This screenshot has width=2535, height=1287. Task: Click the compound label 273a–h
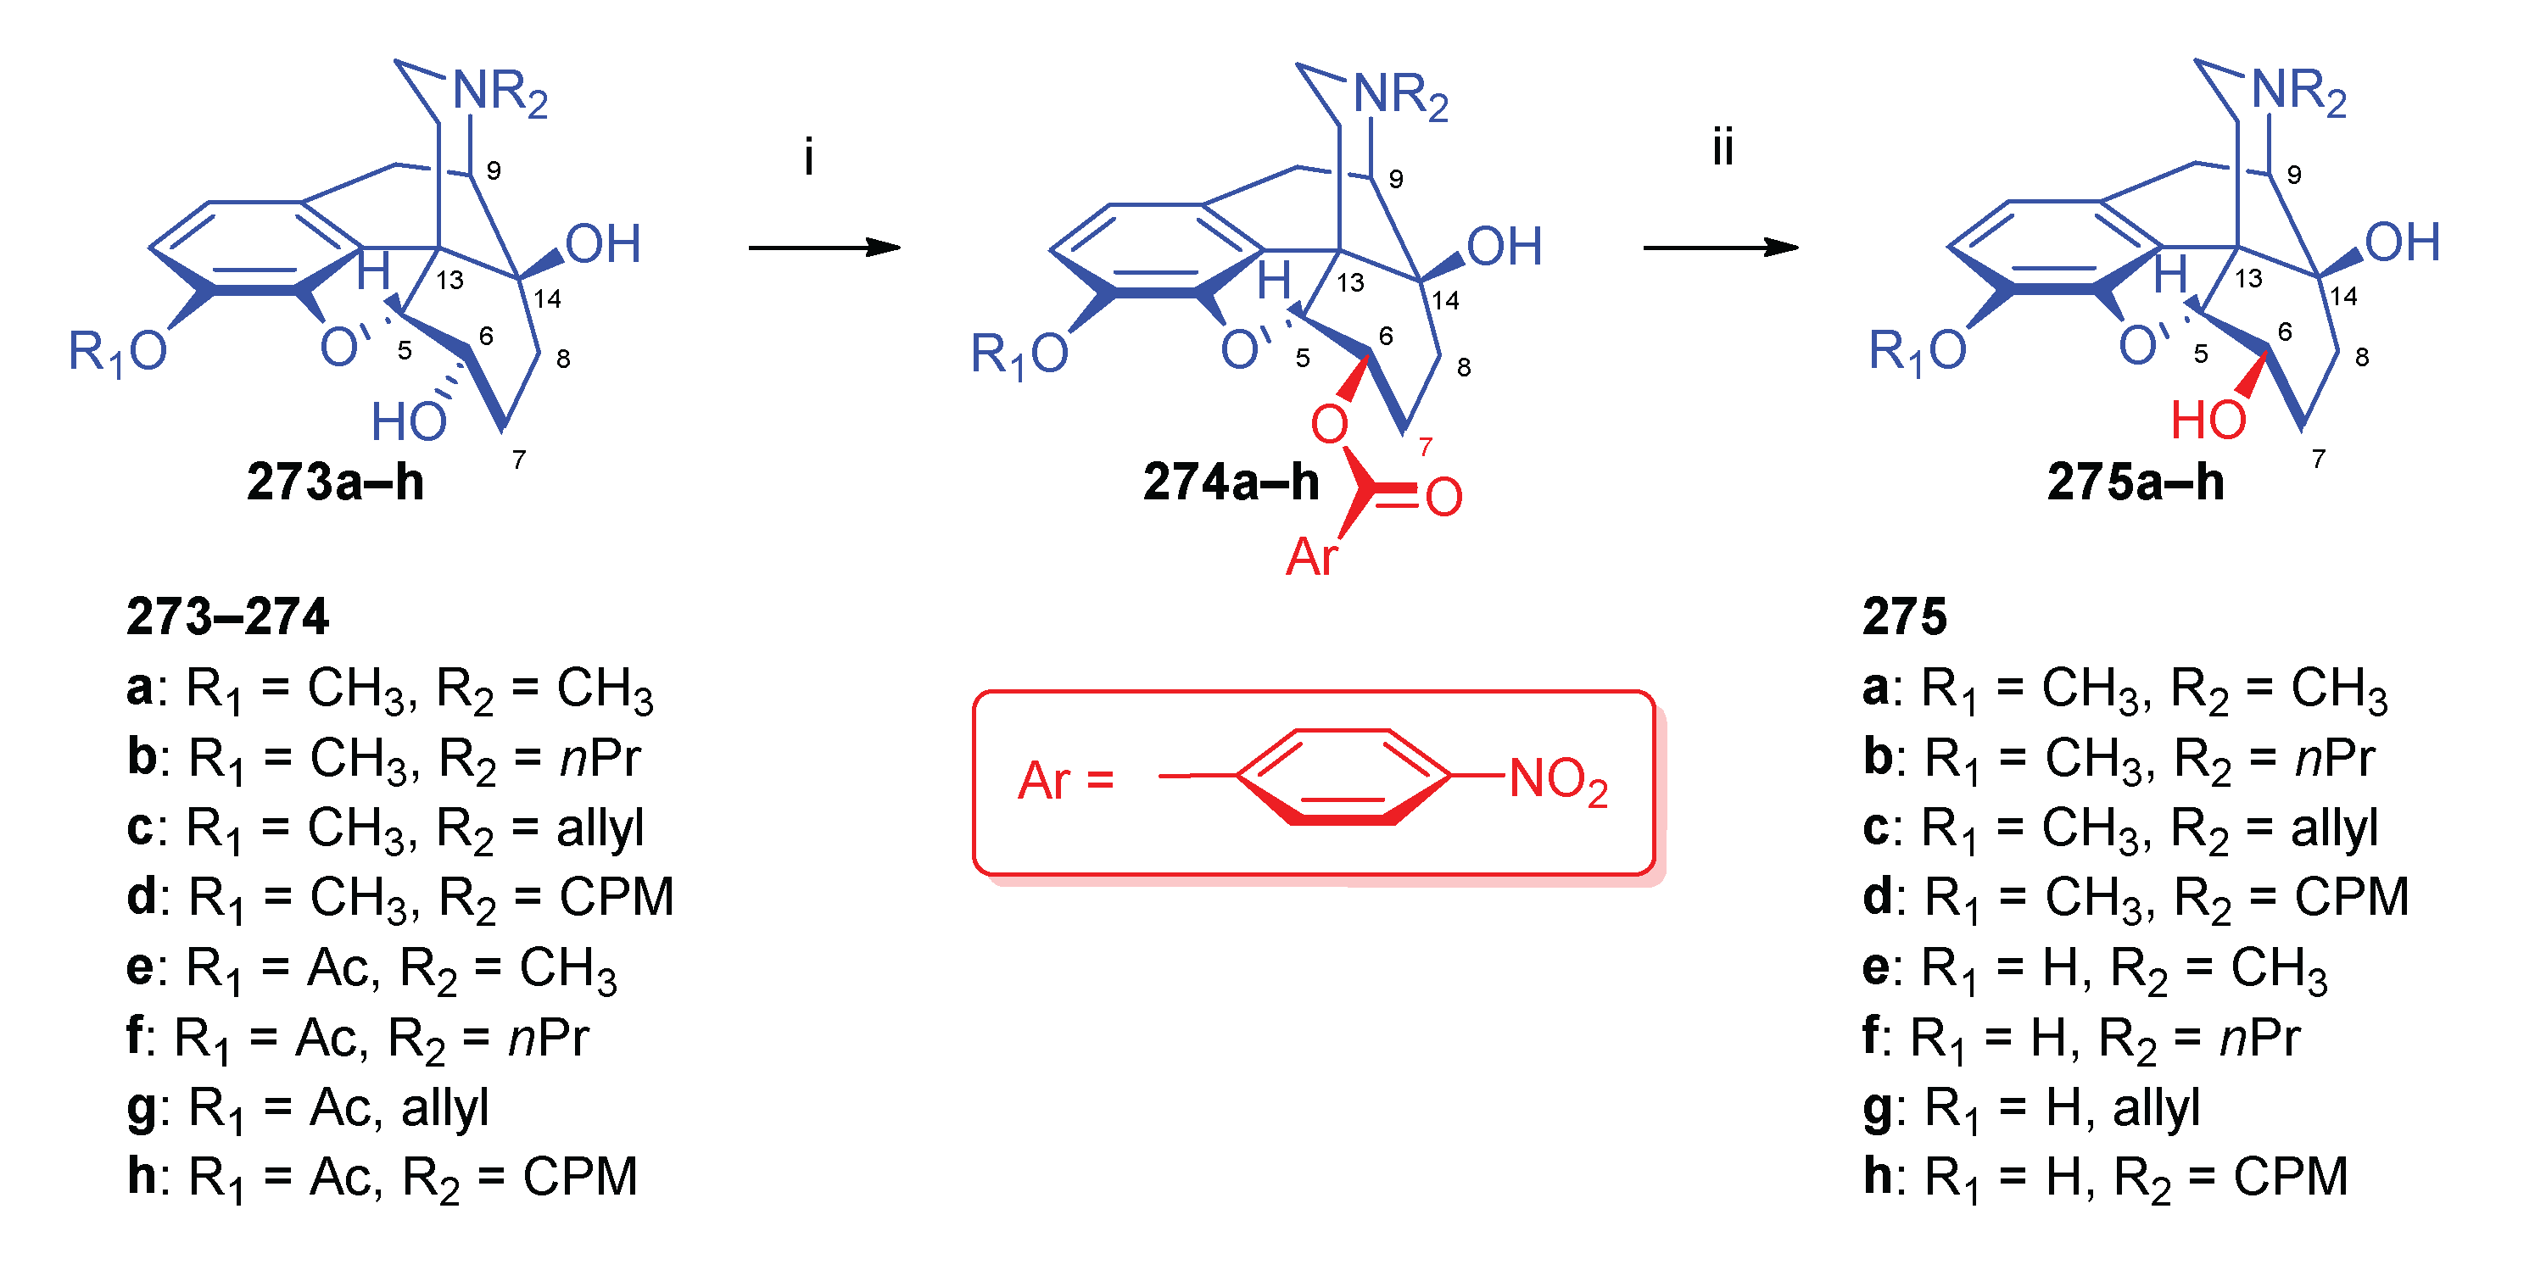(x=335, y=482)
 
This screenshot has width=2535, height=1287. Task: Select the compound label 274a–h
(x=1230, y=482)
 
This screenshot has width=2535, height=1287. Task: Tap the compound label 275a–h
(x=2135, y=482)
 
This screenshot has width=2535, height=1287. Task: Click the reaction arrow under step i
(x=824, y=247)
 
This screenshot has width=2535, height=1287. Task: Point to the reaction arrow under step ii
(x=1719, y=247)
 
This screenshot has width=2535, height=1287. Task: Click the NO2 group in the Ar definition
(x=1557, y=780)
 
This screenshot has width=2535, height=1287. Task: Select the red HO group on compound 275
(x=2208, y=421)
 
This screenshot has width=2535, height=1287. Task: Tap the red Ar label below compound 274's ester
(x=1311, y=557)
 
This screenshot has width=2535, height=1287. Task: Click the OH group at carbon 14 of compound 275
(x=2402, y=242)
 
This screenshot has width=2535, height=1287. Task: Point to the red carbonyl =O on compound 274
(x=1443, y=497)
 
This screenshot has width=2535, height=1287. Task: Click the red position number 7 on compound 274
(x=1425, y=448)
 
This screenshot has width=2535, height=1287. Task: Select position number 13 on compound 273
(x=449, y=281)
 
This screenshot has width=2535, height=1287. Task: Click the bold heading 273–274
(x=227, y=617)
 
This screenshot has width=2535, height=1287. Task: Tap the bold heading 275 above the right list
(x=1904, y=617)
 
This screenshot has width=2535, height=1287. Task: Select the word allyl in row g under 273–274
(x=444, y=1108)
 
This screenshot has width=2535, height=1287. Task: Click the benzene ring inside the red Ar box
(x=1343, y=777)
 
